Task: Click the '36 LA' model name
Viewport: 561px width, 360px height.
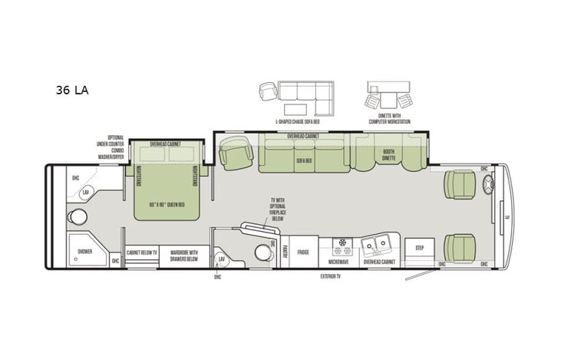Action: coord(71,91)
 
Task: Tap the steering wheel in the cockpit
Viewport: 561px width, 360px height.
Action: coord(489,184)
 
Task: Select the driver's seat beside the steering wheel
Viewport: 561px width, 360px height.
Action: coord(460,184)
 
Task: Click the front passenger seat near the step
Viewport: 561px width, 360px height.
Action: coord(460,248)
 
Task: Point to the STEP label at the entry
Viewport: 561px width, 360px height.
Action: coord(419,249)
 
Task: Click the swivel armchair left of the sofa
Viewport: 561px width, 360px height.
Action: coord(236,154)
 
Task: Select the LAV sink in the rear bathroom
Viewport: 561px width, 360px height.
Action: coord(86,190)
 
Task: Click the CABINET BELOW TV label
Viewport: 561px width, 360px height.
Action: coord(141,253)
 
